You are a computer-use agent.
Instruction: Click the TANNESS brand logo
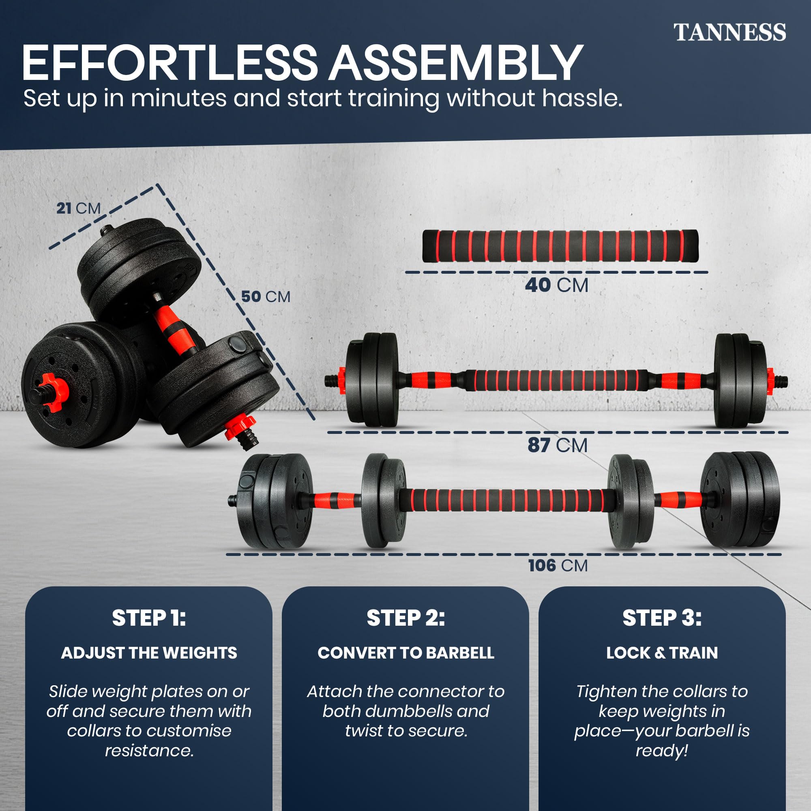tap(729, 33)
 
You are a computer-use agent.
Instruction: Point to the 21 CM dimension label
tap(79, 208)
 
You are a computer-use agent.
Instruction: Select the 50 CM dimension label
tap(265, 297)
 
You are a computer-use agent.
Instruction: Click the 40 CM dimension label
tap(556, 285)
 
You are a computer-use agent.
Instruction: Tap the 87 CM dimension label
tap(557, 445)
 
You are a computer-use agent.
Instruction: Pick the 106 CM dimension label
tap(558, 565)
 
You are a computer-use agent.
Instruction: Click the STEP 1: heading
tap(148, 618)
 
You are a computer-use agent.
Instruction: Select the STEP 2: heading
tap(405, 618)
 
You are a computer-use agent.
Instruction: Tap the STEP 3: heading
tap(661, 618)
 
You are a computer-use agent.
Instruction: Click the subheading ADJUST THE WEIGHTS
tap(148, 653)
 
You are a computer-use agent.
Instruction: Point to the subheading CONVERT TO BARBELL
tap(405, 653)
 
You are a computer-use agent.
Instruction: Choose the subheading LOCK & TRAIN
tap(661, 653)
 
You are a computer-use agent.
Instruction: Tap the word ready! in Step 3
tap(661, 750)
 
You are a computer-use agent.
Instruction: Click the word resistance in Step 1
tap(148, 750)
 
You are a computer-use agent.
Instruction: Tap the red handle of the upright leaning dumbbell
tap(172, 327)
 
